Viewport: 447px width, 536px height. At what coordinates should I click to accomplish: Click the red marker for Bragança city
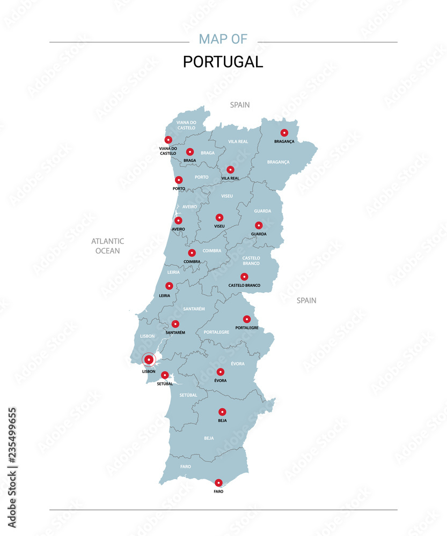tap(284, 133)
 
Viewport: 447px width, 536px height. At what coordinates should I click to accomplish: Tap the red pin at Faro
tap(218, 483)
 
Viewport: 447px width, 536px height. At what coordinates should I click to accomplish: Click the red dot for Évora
tap(220, 372)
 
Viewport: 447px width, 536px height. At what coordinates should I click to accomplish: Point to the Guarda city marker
tap(259, 226)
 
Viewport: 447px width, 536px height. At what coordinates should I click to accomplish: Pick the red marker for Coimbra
tap(192, 253)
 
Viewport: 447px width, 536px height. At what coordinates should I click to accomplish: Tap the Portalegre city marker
tap(247, 319)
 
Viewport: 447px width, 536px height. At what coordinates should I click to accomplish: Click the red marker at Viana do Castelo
tap(168, 140)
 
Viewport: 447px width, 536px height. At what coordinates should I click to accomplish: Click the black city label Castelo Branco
tap(244, 286)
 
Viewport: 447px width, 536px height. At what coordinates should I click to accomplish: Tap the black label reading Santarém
tap(175, 333)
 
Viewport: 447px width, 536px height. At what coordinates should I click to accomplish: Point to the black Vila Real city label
tap(230, 178)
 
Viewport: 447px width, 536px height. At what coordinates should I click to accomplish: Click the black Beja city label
tap(222, 421)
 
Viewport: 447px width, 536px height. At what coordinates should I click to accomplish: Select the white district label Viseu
tap(227, 196)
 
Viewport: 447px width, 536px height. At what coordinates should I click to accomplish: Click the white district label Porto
tap(202, 177)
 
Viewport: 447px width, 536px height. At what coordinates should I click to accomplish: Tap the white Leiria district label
tap(173, 272)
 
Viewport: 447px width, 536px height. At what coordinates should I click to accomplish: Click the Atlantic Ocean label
tap(107, 246)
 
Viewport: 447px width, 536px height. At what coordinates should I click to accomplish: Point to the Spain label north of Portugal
tap(240, 105)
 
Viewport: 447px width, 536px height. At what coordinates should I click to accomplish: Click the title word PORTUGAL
tap(223, 62)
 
